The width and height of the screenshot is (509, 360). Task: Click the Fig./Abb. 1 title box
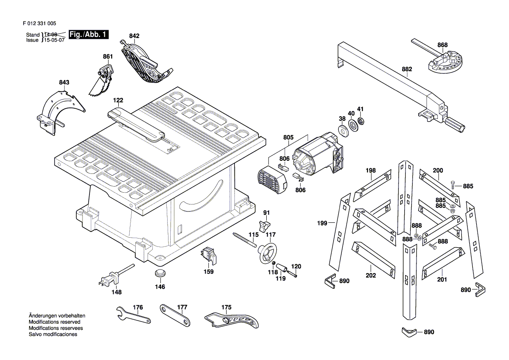pyautogui.click(x=89, y=35)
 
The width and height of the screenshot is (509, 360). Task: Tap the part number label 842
pyautogui.click(x=134, y=36)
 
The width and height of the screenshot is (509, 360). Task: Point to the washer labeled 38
pyautogui.click(x=342, y=130)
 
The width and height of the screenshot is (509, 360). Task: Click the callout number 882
pyautogui.click(x=407, y=69)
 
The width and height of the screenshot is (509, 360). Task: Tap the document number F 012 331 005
pyautogui.click(x=39, y=23)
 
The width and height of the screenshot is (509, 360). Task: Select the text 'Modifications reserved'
pyautogui.click(x=53, y=322)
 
